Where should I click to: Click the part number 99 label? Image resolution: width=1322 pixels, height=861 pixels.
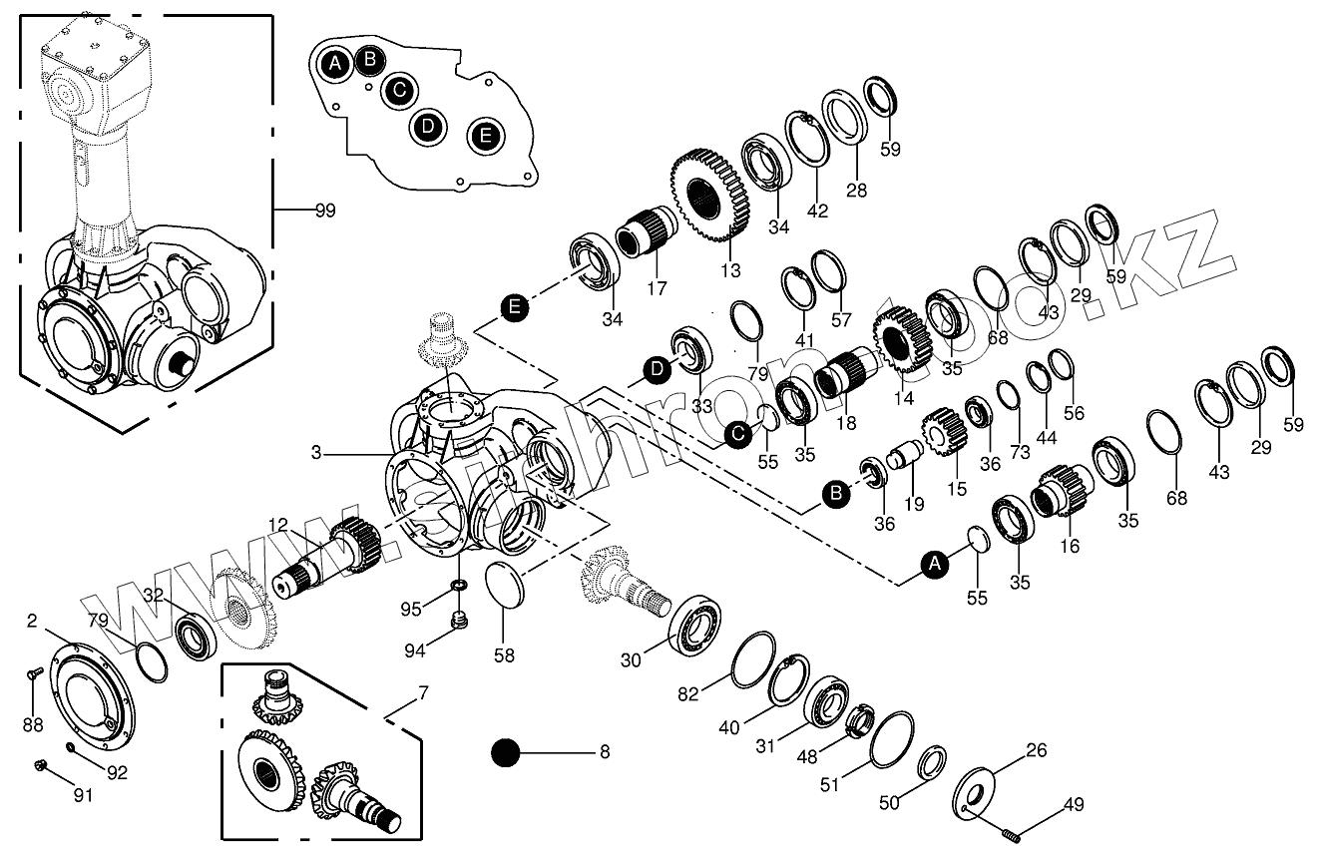(x=324, y=211)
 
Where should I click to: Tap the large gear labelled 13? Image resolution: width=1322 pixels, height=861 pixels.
(x=710, y=196)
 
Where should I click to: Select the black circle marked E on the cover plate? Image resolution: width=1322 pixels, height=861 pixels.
(x=486, y=135)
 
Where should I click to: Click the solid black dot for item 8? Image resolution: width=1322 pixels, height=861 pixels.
(x=506, y=752)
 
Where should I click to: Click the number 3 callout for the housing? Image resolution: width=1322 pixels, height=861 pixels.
(x=316, y=453)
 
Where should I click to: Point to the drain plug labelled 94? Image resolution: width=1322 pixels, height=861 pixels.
(x=460, y=623)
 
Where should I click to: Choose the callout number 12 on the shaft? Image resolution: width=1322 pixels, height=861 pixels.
(x=278, y=526)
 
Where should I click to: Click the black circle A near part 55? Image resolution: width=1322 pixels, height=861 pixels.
(x=934, y=565)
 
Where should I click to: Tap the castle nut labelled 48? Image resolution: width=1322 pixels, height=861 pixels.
(x=859, y=720)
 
